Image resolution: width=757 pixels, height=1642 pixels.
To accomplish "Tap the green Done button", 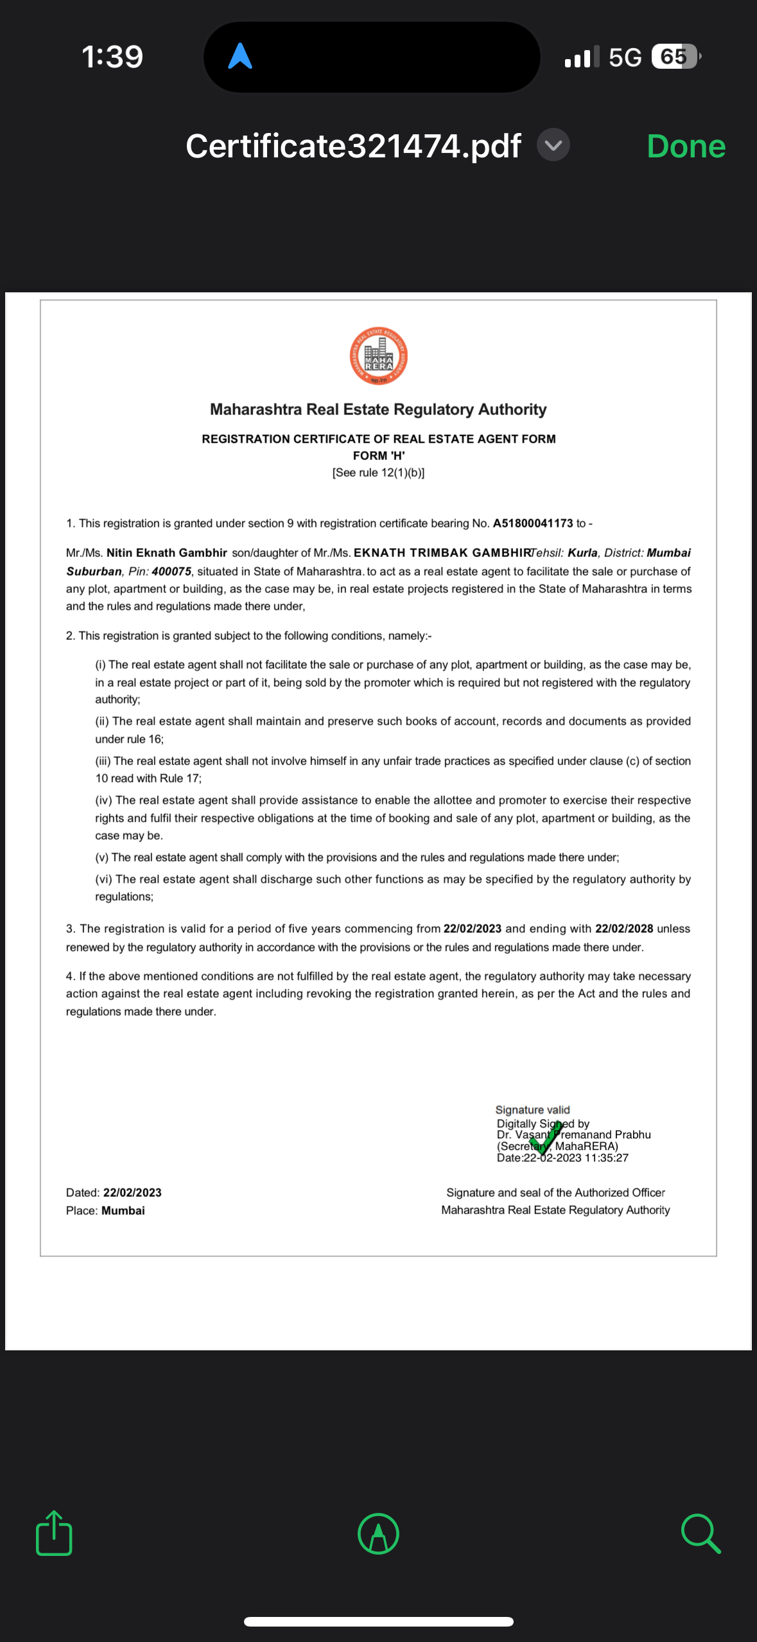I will pyautogui.click(x=686, y=146).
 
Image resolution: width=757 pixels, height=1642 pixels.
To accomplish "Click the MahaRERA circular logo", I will pyautogui.click(x=378, y=356).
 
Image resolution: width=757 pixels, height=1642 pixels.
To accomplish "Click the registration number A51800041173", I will pyautogui.click(x=532, y=524).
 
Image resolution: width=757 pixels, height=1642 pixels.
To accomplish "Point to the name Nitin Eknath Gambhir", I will pyautogui.click(x=167, y=553).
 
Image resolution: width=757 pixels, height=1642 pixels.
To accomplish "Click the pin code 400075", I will pyautogui.click(x=171, y=572).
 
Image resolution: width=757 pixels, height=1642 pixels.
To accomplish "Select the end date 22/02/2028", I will pyautogui.click(x=623, y=929).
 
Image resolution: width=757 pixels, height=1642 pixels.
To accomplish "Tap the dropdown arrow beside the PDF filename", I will pyautogui.click(x=553, y=145).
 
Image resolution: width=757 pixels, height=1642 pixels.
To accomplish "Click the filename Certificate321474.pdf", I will pyautogui.click(x=353, y=146).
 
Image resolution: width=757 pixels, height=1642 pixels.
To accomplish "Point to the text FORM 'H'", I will pyautogui.click(x=379, y=456).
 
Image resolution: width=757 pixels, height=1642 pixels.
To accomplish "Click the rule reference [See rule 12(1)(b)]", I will pyautogui.click(x=378, y=473).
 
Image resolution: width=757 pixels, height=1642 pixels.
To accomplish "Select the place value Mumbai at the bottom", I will pyautogui.click(x=123, y=1211).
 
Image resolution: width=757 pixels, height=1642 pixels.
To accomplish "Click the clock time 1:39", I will pyautogui.click(x=112, y=57).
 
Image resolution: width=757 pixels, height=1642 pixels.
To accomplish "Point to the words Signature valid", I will pyautogui.click(x=532, y=1110).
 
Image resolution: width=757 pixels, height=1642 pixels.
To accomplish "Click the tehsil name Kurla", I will pyautogui.click(x=582, y=553).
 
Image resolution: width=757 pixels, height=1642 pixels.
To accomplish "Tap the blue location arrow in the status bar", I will pyautogui.click(x=240, y=57).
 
